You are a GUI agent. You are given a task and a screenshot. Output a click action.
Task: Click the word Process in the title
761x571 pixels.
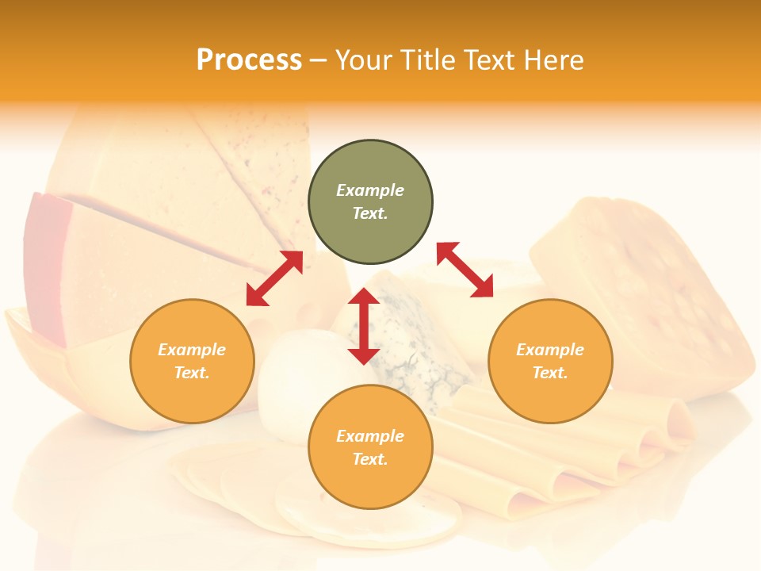(x=249, y=60)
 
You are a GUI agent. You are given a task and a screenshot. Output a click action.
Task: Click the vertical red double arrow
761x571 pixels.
(x=364, y=326)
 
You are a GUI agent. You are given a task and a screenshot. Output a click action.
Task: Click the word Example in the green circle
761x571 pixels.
(x=370, y=190)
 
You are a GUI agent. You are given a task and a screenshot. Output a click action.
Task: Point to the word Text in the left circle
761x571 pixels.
(x=192, y=373)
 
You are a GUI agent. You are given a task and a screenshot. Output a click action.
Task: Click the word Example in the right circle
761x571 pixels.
(x=550, y=350)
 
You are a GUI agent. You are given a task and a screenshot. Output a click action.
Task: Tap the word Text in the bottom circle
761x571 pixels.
(x=370, y=459)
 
